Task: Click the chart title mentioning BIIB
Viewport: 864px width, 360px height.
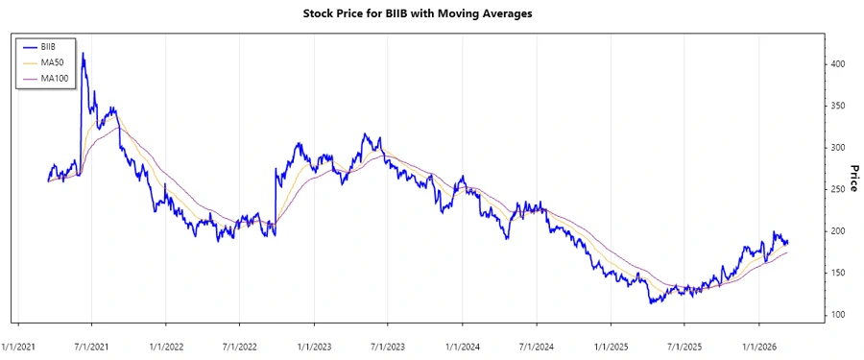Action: pos(432,14)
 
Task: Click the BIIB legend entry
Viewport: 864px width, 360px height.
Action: pos(48,46)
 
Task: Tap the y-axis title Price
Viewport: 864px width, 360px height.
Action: pos(852,180)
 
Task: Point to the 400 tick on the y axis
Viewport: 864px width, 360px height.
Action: pos(838,63)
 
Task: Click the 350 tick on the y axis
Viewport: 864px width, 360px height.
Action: pos(838,106)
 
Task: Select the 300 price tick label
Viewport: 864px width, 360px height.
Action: pos(838,147)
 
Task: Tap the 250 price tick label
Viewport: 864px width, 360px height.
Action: pos(838,189)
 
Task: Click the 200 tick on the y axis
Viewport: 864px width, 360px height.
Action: pos(838,231)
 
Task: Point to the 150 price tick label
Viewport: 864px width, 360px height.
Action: pos(838,274)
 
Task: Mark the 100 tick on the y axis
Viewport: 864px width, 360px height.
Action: pos(838,315)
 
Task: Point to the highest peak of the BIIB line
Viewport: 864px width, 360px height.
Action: pos(84,54)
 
